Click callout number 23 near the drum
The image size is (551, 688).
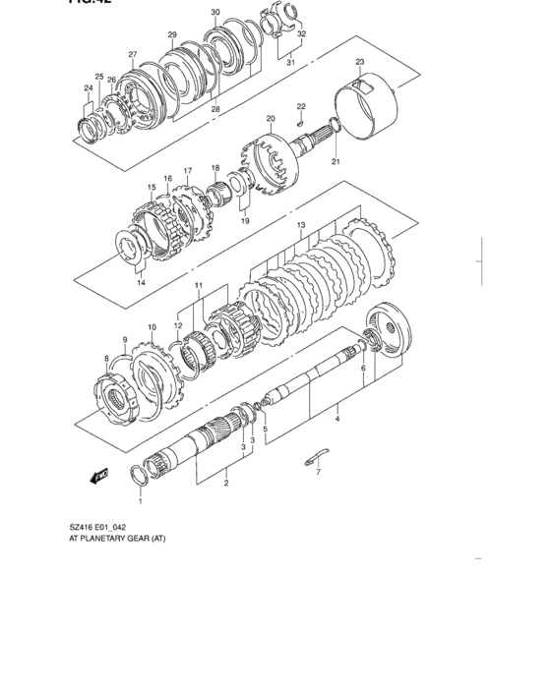pyautogui.click(x=360, y=62)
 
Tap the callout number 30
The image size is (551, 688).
pyautogui.click(x=215, y=13)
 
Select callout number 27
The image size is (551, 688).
pyautogui.click(x=132, y=54)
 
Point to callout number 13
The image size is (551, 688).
pyautogui.click(x=301, y=225)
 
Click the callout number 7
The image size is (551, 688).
pyautogui.click(x=318, y=473)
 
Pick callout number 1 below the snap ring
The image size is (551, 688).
pyautogui.click(x=140, y=501)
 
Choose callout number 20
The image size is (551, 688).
pyautogui.click(x=270, y=118)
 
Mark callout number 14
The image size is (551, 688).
pyautogui.click(x=141, y=283)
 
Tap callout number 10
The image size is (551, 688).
pyautogui.click(x=152, y=327)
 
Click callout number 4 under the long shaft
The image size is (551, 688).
pyautogui.click(x=337, y=420)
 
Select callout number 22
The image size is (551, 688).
pyautogui.click(x=301, y=106)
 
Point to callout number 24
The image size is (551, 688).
pyautogui.click(x=89, y=87)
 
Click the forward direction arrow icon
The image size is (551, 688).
pyautogui.click(x=98, y=476)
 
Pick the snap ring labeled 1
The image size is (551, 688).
pyautogui.click(x=139, y=476)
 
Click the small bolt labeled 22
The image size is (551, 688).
pyautogui.click(x=299, y=123)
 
